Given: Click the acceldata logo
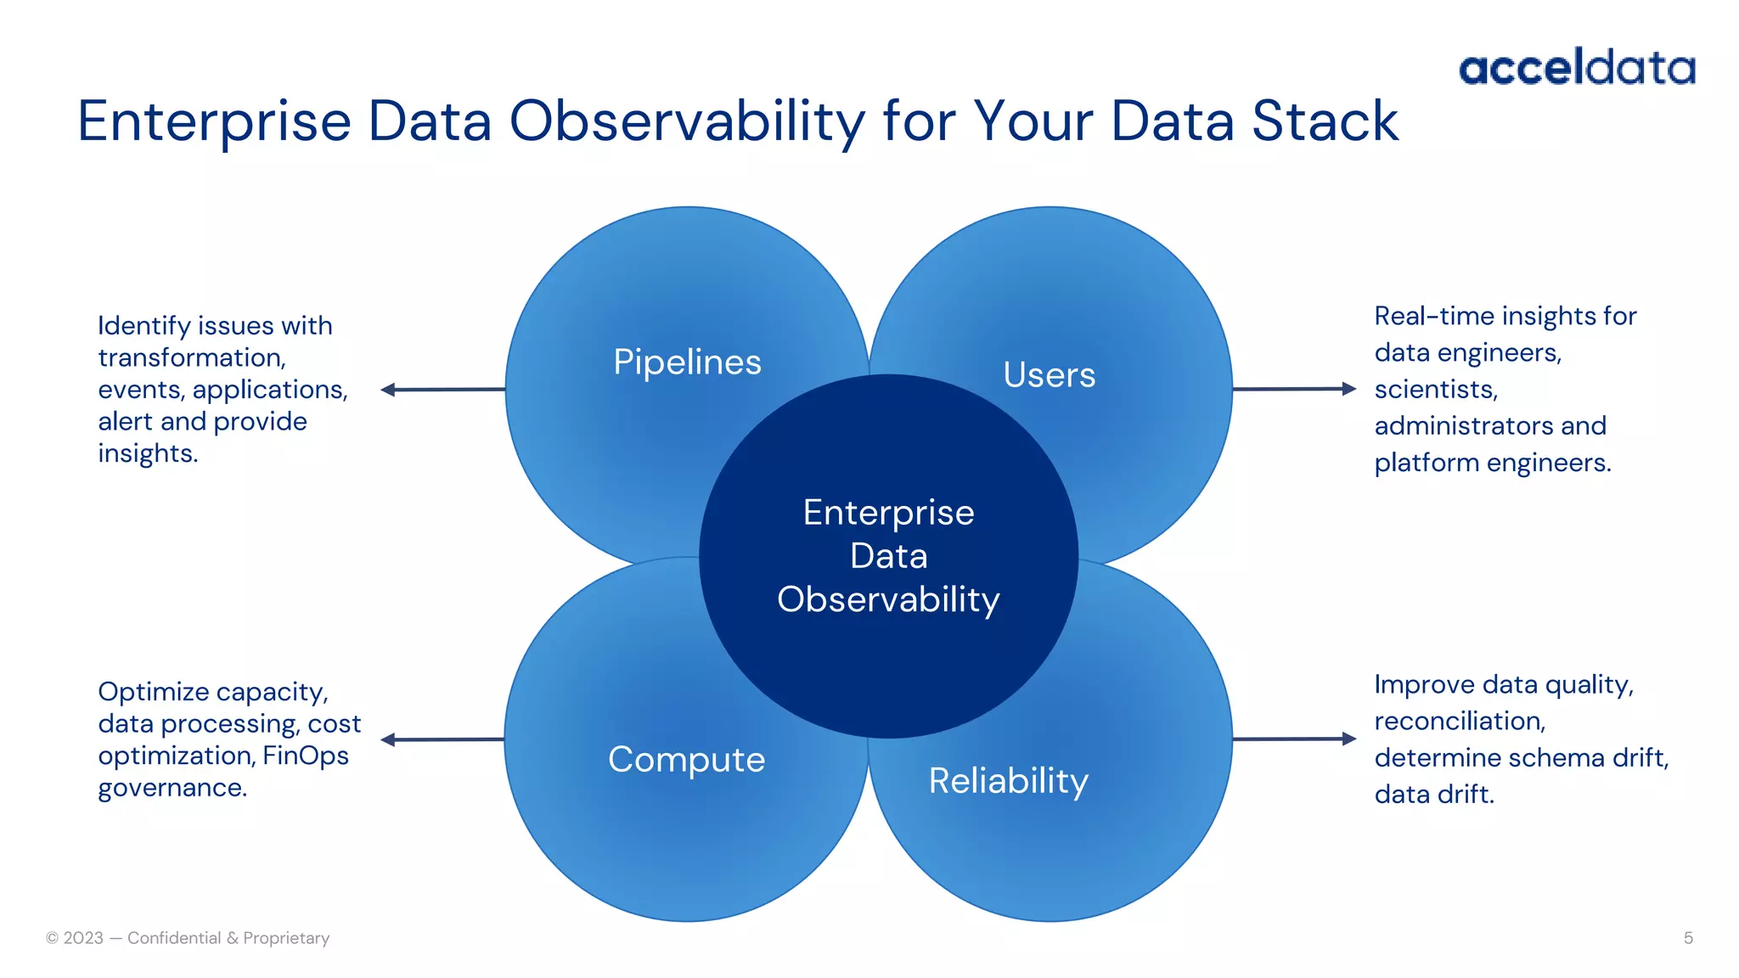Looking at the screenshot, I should click(1577, 67).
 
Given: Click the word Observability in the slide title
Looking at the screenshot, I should click(686, 121).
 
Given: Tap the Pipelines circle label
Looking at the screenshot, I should click(687, 363).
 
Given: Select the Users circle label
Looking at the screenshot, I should click(1049, 375).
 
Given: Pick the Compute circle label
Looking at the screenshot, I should click(686, 760).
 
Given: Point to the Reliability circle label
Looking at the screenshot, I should click(1008, 781).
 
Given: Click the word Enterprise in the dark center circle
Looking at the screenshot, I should click(888, 513).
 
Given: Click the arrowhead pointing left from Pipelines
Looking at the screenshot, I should click(388, 390).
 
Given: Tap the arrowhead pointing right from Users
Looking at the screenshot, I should click(1349, 389).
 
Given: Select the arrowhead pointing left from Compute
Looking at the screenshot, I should click(388, 739).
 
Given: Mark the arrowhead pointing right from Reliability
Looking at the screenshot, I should click(1349, 739).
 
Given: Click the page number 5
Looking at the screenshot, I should click(1688, 938).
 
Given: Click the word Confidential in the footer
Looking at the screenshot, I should click(174, 938).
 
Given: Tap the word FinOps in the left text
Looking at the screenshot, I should click(306, 756).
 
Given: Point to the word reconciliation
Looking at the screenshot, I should click(1459, 722).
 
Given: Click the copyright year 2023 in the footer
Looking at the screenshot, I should click(83, 938).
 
